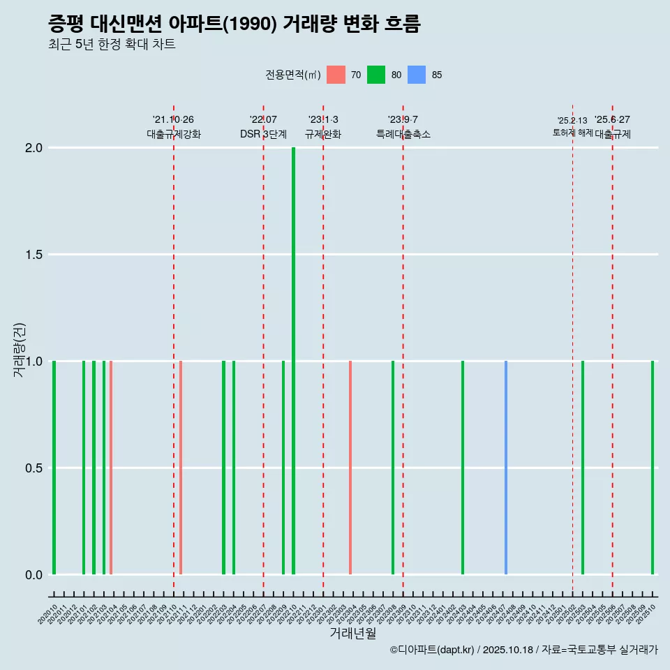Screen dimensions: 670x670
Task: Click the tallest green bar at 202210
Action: tap(293, 361)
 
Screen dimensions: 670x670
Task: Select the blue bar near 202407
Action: tap(505, 468)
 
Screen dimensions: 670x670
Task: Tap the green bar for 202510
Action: tap(653, 468)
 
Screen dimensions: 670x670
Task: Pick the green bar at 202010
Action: tap(54, 468)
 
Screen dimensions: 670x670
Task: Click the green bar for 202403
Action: tap(462, 468)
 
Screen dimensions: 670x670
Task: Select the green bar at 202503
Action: tap(583, 468)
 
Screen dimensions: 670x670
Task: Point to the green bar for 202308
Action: tap(393, 468)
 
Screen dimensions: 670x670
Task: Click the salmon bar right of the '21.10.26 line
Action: tap(181, 468)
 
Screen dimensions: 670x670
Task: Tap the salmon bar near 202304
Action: tap(350, 468)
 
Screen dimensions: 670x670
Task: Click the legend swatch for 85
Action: tap(417, 75)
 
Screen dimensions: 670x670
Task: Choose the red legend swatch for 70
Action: tap(336, 75)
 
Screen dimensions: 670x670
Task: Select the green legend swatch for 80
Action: tap(376, 75)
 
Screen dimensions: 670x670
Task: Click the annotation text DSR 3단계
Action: tap(263, 134)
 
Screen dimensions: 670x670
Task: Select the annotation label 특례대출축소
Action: tap(403, 134)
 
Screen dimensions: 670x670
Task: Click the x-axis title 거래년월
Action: tap(352, 634)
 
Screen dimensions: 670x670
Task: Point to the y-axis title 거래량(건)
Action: tap(20, 350)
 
